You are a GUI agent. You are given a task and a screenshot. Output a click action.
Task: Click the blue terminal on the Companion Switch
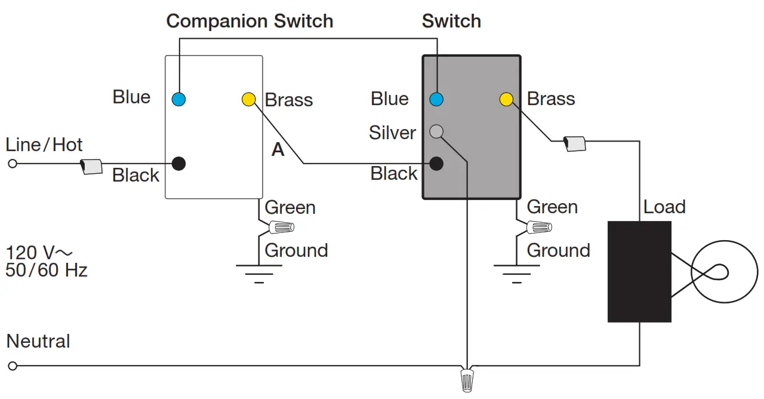click(x=178, y=99)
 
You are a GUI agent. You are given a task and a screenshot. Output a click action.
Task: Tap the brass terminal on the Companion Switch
click(x=248, y=99)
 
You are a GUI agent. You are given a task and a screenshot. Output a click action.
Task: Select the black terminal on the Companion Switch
click(x=178, y=163)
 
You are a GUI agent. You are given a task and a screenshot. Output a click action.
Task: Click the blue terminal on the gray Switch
click(x=437, y=99)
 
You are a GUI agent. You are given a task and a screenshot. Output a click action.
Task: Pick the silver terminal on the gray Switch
click(x=437, y=131)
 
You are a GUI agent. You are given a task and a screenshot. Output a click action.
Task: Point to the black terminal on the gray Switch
click(x=437, y=163)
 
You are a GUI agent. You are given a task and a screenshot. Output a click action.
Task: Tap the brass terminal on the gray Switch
click(x=506, y=99)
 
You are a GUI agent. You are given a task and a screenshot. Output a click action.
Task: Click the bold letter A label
click(x=278, y=150)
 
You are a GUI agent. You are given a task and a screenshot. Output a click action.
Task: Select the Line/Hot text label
click(x=44, y=145)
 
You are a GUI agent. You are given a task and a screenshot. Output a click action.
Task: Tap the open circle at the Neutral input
click(x=13, y=366)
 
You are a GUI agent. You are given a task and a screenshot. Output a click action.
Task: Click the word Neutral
click(x=38, y=342)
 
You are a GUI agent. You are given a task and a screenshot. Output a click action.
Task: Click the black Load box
click(x=639, y=272)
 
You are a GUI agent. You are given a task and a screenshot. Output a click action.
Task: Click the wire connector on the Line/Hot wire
click(x=91, y=166)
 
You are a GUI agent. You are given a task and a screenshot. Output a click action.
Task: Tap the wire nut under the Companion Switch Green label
click(x=281, y=228)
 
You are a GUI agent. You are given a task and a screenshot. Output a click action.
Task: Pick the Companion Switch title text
click(x=249, y=22)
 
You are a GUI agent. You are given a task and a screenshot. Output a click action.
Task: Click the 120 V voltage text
click(x=39, y=251)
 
